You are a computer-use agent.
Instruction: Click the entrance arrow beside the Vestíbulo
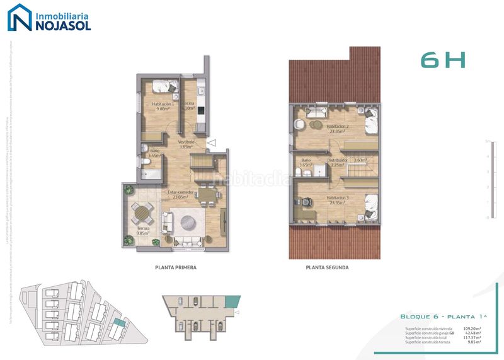point(212,143)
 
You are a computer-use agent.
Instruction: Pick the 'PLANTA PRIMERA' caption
point(176,267)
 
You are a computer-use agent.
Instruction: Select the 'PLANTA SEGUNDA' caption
point(327,267)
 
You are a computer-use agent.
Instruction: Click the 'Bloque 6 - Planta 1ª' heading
point(440,316)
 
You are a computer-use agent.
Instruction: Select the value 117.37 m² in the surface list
point(471,337)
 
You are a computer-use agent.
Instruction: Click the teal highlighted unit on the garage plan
point(232,302)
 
